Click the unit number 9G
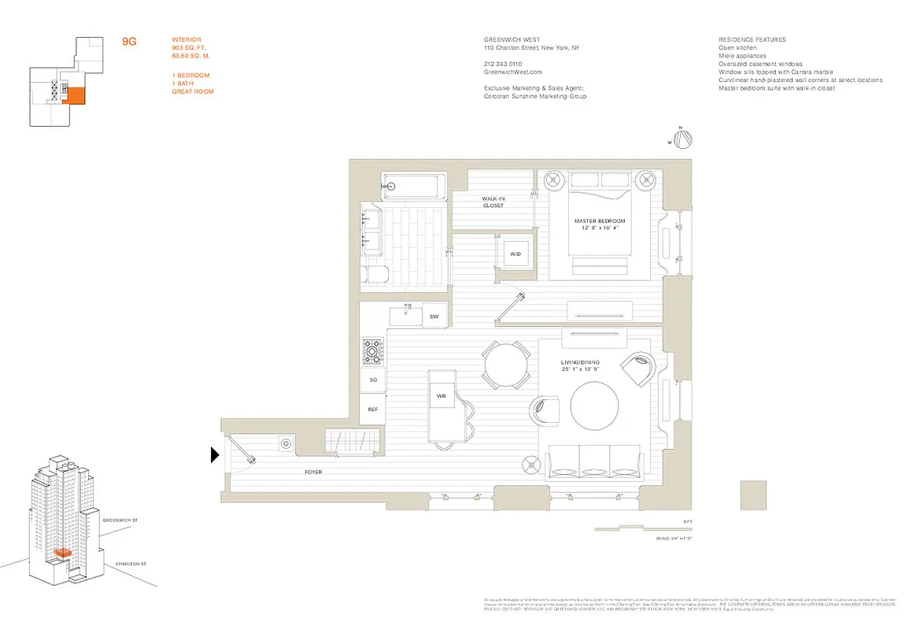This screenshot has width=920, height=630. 129,42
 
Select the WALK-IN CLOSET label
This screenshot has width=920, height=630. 493,202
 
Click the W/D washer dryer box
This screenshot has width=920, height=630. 515,254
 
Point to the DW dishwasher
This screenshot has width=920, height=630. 434,317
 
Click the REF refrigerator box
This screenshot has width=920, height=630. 373,409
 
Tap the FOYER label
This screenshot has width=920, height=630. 314,472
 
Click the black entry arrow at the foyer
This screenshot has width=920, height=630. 214,454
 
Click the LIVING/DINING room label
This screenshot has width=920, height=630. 580,365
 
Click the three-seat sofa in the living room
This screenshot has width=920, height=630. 594,461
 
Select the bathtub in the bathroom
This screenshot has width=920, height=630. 412,187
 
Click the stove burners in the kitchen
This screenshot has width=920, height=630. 371,351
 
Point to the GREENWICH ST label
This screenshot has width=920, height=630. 120,521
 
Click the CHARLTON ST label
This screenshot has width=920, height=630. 130,565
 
